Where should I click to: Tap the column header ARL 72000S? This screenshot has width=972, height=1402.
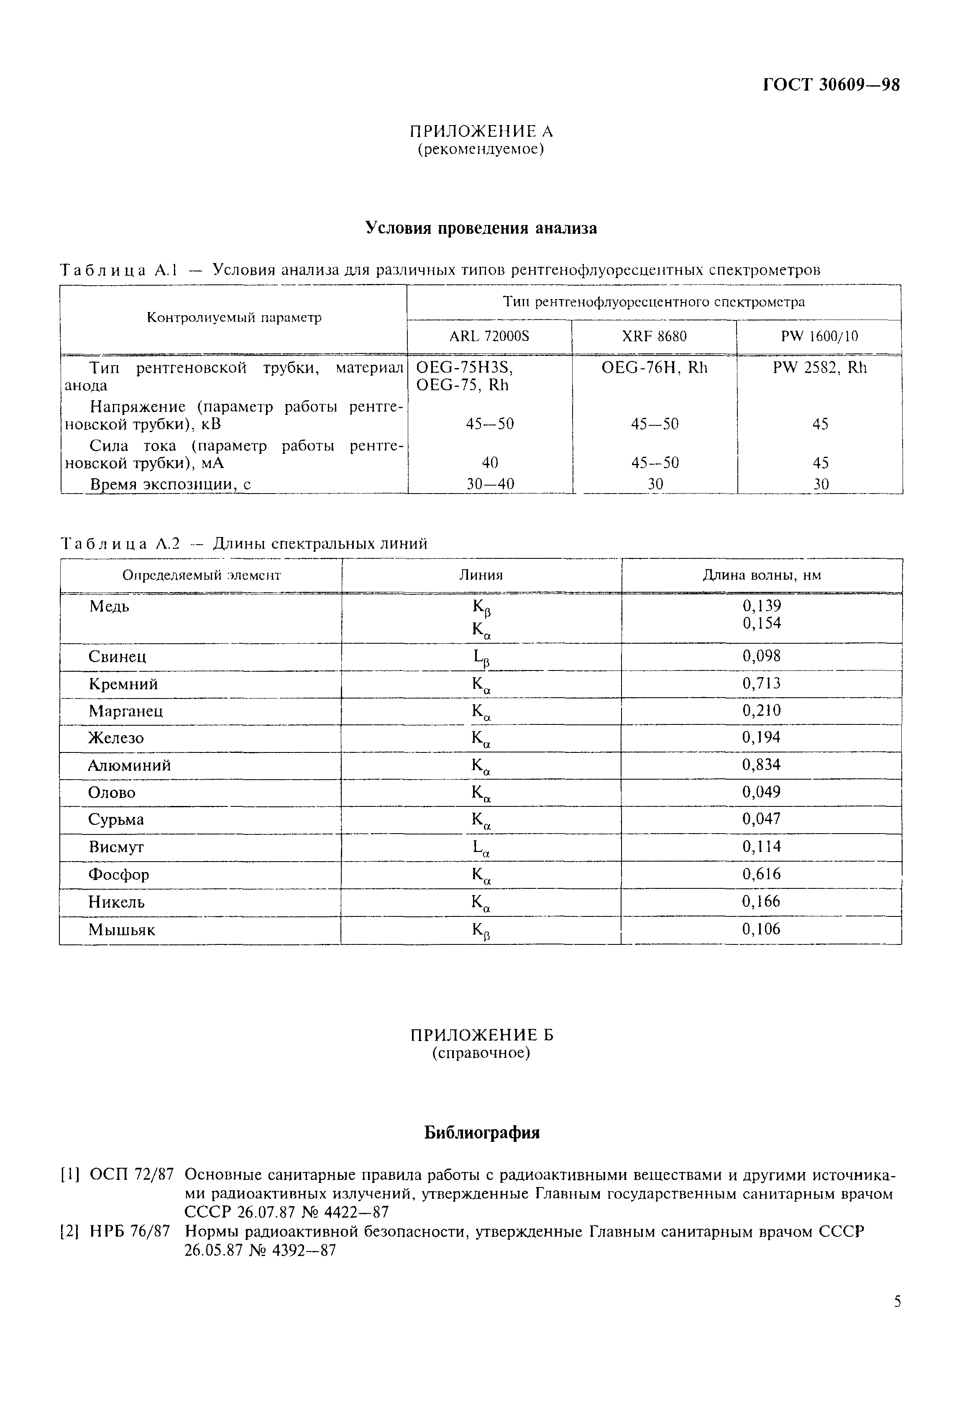click(490, 336)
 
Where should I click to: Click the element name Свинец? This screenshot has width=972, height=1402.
click(118, 657)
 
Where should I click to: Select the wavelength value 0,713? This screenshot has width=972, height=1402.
click(761, 683)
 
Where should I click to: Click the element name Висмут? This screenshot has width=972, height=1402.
click(116, 847)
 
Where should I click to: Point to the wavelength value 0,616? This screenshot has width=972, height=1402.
click(761, 874)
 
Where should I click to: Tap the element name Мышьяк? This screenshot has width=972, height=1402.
click(122, 930)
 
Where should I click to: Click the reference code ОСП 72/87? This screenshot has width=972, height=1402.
click(132, 1174)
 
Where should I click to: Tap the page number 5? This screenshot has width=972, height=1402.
click(897, 1319)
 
